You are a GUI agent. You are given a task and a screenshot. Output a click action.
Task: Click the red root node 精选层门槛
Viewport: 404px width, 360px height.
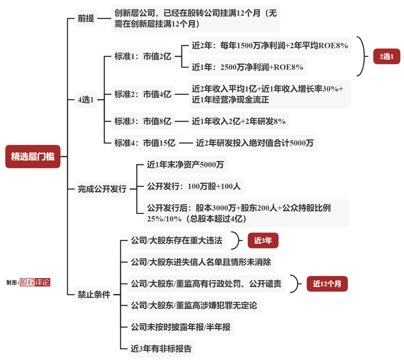(33, 156)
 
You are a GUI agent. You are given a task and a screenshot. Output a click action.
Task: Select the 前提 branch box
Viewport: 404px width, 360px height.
(86, 18)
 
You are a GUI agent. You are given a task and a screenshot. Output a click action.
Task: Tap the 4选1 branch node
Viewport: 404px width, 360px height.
(86, 99)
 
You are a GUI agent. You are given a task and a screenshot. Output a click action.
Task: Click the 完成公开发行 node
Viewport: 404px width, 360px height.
(102, 189)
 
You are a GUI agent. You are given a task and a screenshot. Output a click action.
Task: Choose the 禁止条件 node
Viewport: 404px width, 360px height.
(94, 294)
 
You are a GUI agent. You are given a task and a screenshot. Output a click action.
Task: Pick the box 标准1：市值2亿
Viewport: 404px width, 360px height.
(143, 56)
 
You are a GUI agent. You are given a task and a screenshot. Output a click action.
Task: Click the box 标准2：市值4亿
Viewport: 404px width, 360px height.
(143, 94)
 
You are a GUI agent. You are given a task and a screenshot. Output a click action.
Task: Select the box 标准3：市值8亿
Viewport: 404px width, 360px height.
(143, 121)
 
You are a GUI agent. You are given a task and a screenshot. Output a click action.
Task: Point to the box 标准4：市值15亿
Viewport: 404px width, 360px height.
(145, 143)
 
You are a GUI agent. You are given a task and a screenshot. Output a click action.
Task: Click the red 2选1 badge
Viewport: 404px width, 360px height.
(387, 56)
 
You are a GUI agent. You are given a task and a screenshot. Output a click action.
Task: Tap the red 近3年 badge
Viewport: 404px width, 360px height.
(263, 240)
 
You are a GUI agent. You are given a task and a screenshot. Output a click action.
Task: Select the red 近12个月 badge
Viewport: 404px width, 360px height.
(327, 284)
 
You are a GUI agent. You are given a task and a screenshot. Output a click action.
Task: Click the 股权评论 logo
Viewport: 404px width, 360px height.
(35, 282)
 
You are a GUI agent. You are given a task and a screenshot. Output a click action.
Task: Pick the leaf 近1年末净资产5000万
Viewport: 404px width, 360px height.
(186, 165)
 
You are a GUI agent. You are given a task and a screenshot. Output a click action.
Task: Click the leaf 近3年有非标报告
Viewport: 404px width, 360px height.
(161, 349)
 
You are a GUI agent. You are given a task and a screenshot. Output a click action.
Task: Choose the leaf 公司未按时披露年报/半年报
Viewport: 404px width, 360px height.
(181, 327)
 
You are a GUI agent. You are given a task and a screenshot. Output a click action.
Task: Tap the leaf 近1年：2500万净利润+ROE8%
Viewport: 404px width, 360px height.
(248, 67)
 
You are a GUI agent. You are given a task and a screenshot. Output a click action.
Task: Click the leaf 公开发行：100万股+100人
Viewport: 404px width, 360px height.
(194, 186)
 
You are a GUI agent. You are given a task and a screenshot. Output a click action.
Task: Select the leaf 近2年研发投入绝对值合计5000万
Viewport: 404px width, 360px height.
(255, 143)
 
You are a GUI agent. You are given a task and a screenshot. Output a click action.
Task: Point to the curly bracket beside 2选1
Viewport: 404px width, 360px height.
(364, 56)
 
